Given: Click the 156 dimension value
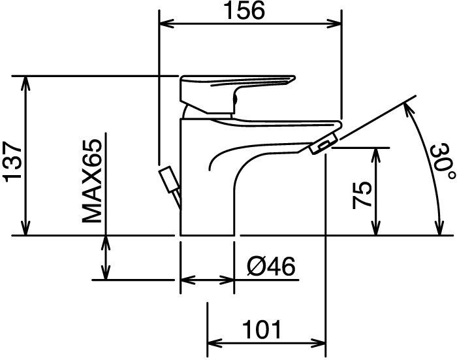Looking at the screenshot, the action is click(245, 10).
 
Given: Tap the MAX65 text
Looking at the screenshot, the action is click(92, 181).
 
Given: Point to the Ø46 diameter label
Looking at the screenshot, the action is click(271, 267).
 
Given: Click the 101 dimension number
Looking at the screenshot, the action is click(262, 330).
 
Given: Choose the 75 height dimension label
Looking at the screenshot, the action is click(362, 195).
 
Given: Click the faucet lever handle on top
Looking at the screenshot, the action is click(238, 94).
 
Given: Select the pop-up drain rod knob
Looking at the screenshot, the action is click(168, 180).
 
